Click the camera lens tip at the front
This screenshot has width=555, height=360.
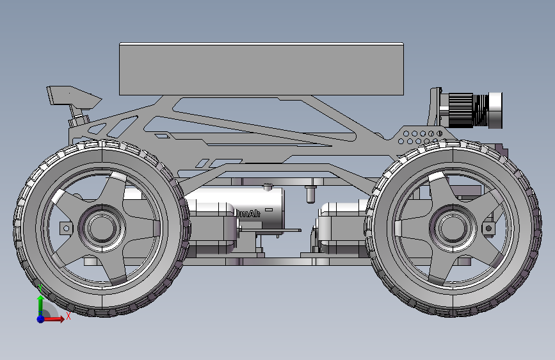pos(495,109)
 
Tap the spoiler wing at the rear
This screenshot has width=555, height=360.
pos(70,95)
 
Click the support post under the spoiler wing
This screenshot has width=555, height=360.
pos(79,119)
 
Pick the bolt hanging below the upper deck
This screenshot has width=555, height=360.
pos(310,192)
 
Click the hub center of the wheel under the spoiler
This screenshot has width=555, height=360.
pos(101,227)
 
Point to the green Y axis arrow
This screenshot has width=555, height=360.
pos(40,304)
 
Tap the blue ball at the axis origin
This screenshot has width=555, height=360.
pos(40,318)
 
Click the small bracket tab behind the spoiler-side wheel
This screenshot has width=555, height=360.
pos(65,228)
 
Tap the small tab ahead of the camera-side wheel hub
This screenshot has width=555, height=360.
pos(490,228)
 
